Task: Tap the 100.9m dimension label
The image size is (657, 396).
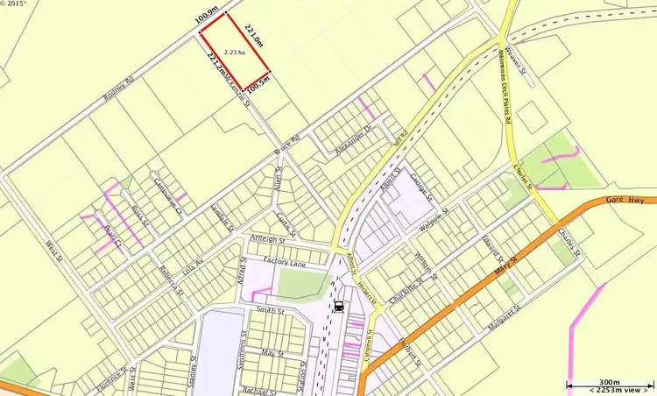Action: point(208,18)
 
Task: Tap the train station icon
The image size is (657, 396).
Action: point(338,307)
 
